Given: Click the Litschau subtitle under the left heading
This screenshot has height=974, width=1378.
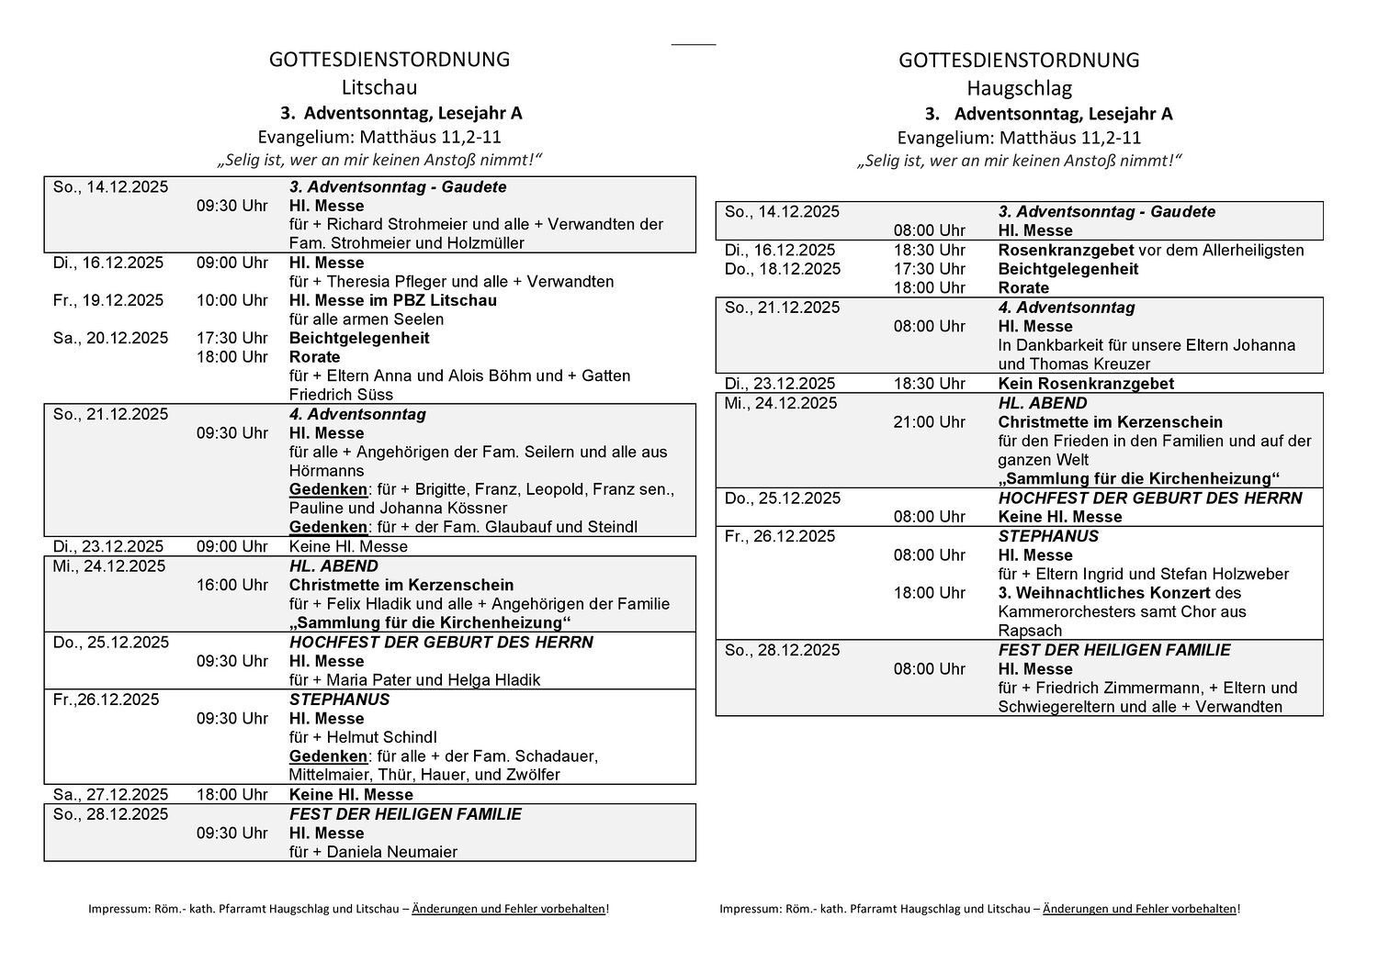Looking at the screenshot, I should (378, 87).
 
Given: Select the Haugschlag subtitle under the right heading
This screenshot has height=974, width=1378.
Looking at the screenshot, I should (1019, 88).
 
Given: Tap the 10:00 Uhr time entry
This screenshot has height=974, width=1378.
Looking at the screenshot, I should (232, 300).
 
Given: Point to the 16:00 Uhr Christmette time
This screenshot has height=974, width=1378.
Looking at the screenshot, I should (232, 585).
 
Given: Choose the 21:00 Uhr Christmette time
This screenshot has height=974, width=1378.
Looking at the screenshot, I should (929, 422).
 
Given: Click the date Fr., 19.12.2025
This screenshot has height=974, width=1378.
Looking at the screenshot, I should (108, 300).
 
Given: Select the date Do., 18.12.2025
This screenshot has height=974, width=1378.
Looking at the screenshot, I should (782, 269).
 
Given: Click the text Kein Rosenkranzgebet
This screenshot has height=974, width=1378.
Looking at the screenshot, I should (1086, 384).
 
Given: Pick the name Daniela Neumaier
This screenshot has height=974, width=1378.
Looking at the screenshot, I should (395, 852).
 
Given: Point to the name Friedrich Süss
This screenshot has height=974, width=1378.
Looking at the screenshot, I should (341, 395).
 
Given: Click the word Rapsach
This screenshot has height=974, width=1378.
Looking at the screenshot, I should (1030, 631).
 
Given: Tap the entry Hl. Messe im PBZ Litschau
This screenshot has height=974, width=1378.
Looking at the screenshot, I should (392, 300).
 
